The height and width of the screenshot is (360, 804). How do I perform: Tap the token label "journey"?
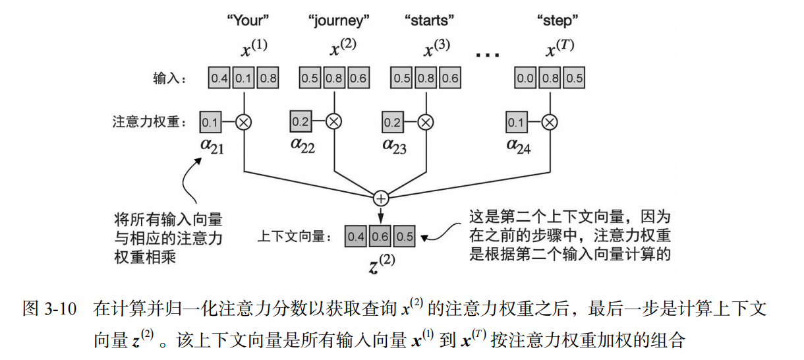click(339, 21)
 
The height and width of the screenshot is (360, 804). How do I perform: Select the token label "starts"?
click(430, 20)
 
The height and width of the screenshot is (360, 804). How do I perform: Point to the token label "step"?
click(555, 20)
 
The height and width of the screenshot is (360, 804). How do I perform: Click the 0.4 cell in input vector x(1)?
click(219, 78)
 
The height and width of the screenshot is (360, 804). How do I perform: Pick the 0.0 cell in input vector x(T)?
click(525, 78)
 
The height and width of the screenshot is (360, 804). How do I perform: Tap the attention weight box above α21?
click(210, 122)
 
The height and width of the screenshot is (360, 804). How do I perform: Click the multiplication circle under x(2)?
click(335, 121)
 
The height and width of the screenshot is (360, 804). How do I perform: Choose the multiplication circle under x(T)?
click(550, 121)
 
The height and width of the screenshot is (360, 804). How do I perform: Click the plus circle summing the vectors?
click(381, 197)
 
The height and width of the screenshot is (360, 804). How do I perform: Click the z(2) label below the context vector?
click(381, 262)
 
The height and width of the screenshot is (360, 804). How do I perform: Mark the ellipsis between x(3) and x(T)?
click(488, 55)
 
